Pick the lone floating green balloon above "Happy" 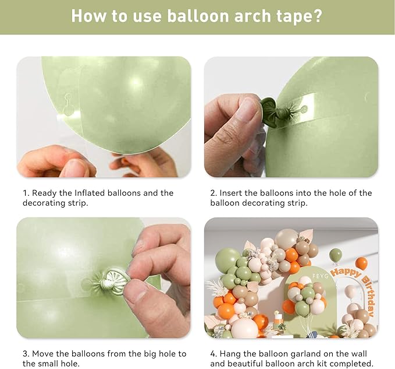tap(336, 255)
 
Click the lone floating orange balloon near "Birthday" tap(362, 263)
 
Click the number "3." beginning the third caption tap(26, 353)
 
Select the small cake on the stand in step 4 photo tap(278, 320)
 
